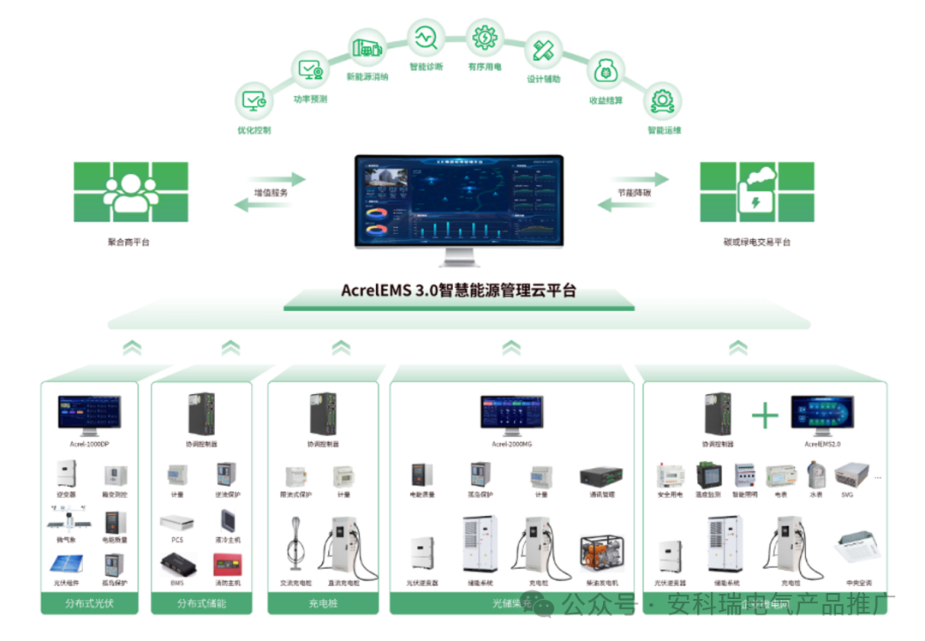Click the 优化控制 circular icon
click(x=254, y=100)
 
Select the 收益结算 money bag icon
click(x=606, y=71)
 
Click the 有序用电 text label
click(x=485, y=67)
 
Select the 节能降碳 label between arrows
click(x=634, y=193)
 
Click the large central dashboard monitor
click(x=460, y=201)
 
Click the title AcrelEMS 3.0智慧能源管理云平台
click(x=459, y=291)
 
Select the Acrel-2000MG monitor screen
click(x=511, y=413)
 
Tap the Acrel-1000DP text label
click(x=90, y=444)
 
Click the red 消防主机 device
click(x=227, y=565)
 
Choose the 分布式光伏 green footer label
click(x=90, y=603)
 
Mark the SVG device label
click(x=846, y=494)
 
